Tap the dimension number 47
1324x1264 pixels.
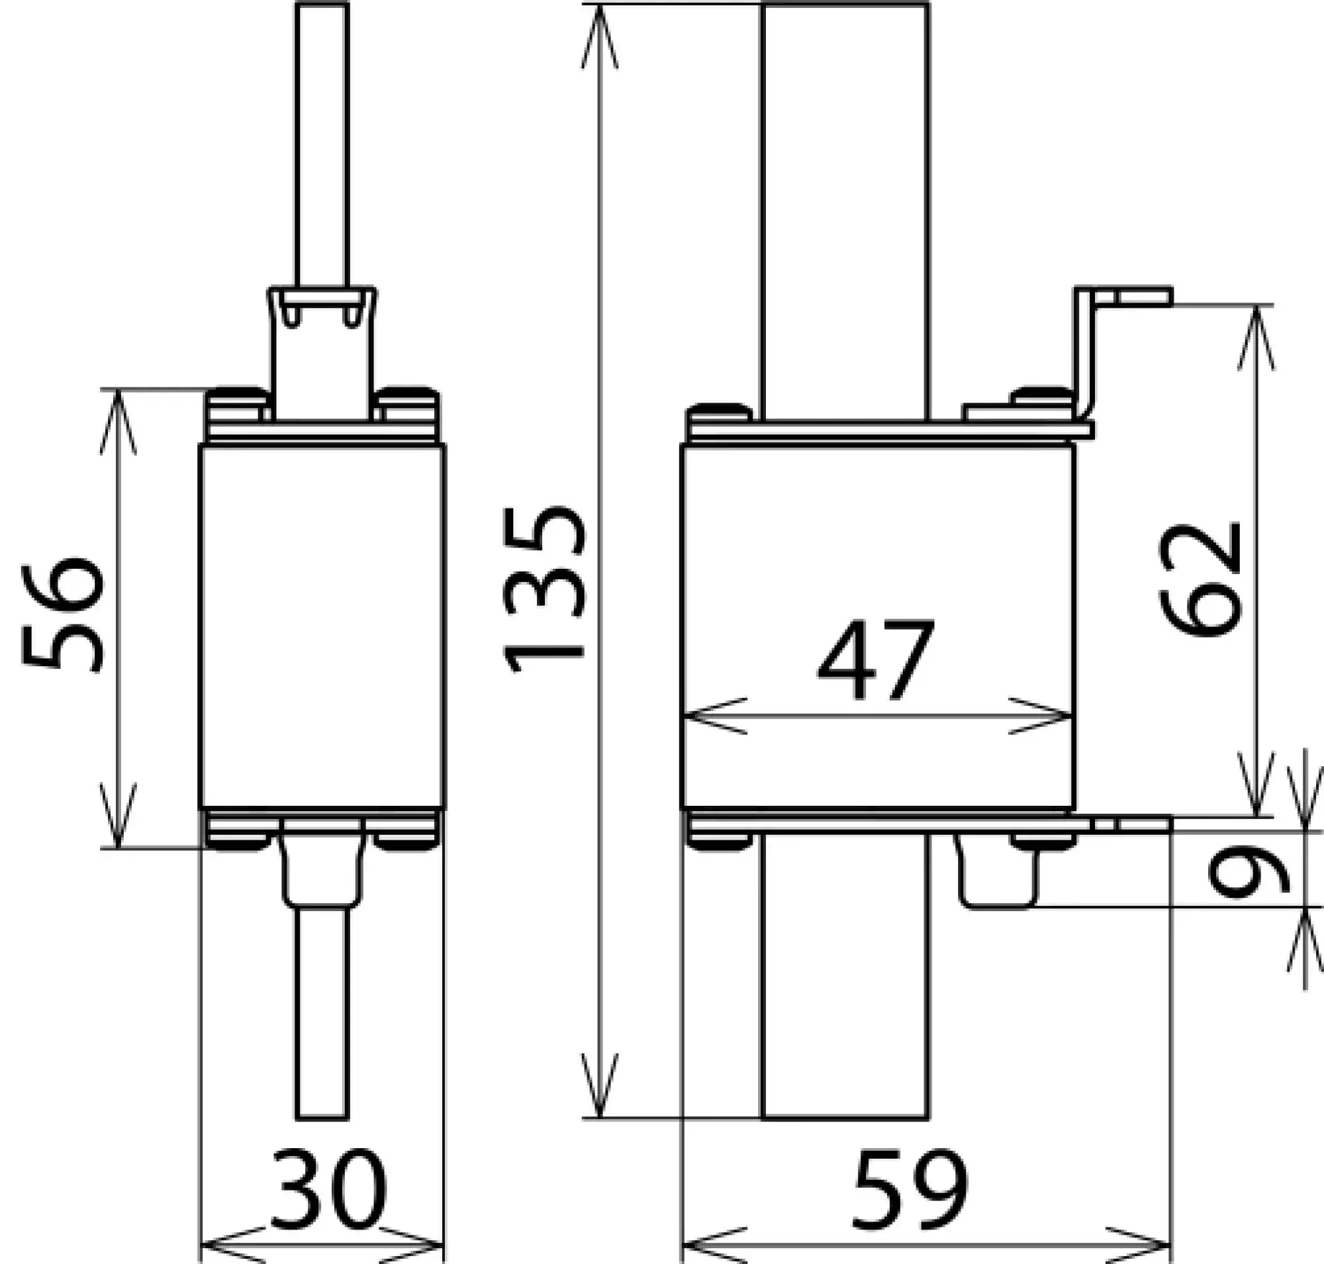pos(876,660)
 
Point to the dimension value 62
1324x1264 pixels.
pos(1200,579)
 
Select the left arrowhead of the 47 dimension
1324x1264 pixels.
pos(714,716)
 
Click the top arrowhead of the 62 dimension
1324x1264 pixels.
pos(1255,337)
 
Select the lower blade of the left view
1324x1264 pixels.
pos(323,1010)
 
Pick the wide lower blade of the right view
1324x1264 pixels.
pos(845,977)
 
